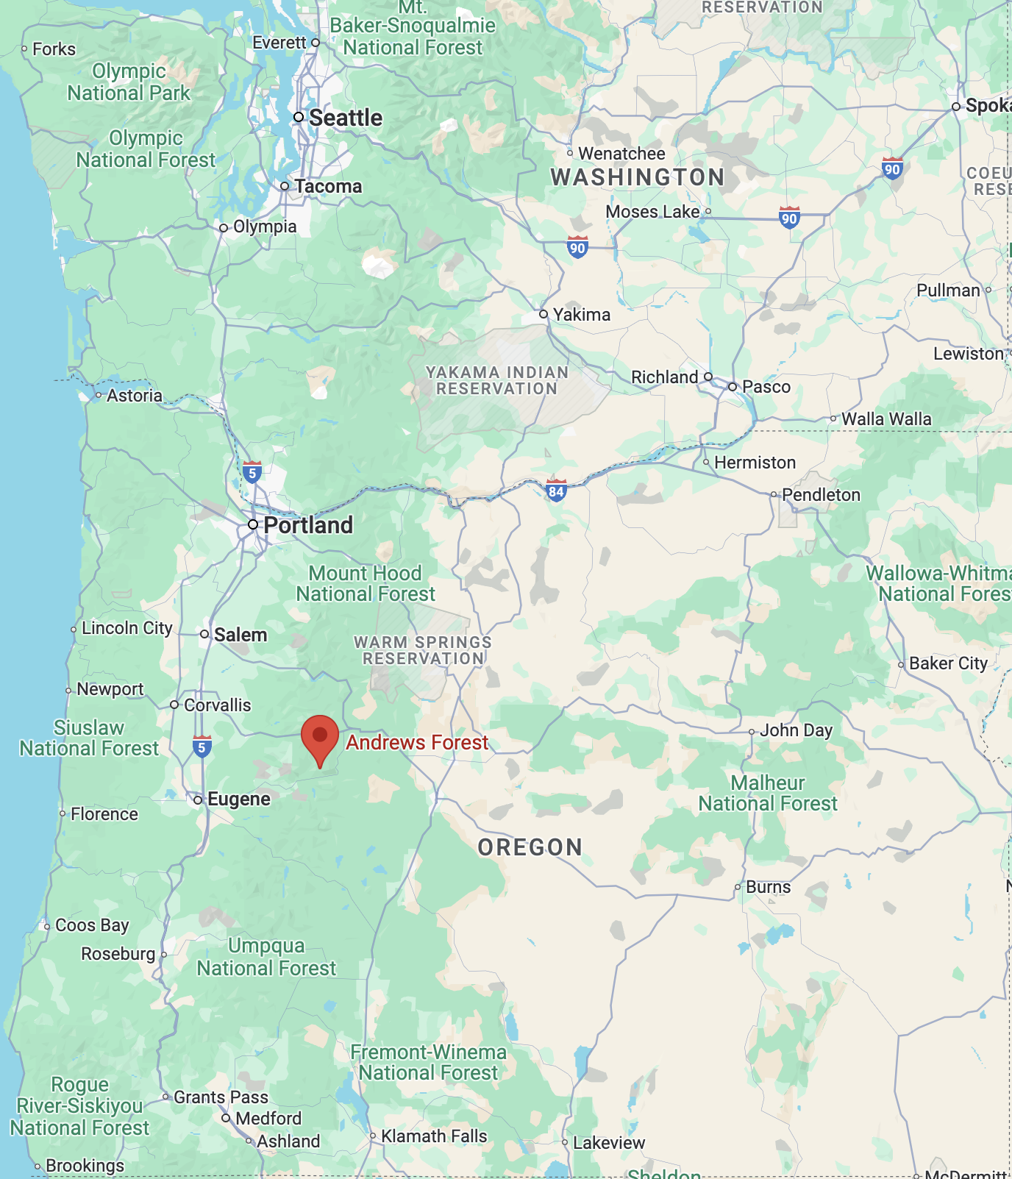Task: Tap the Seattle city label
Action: [x=345, y=118]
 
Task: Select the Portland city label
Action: [x=307, y=525]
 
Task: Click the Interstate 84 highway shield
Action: [x=556, y=491]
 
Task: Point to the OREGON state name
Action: [x=530, y=847]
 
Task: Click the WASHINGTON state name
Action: [x=638, y=177]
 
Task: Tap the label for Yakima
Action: [x=582, y=315]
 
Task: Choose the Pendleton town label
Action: [x=821, y=495]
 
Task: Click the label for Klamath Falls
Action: [x=434, y=1136]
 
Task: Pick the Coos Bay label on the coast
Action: [x=92, y=925]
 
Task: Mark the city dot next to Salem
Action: [x=204, y=634]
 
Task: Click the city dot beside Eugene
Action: [x=198, y=799]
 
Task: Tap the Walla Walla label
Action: [x=886, y=419]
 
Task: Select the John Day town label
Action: [x=796, y=730]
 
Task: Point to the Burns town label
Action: [x=768, y=887]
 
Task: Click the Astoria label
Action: [x=134, y=396]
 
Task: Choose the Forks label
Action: [x=54, y=49]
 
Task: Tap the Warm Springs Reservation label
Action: [x=423, y=650]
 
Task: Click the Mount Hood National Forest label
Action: [x=366, y=583]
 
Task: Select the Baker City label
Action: [x=948, y=663]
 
